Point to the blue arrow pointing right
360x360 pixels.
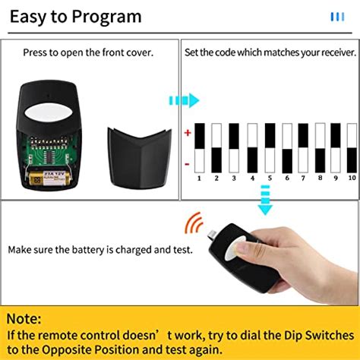pyautogui.click(x=183, y=100)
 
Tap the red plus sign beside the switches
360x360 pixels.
pyautogui.click(x=188, y=132)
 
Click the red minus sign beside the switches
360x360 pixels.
pyautogui.click(x=188, y=163)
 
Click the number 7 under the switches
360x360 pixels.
pyautogui.click(x=303, y=178)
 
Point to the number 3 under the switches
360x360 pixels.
pyautogui.click(x=233, y=178)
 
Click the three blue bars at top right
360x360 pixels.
pyautogui.click(x=336, y=16)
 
